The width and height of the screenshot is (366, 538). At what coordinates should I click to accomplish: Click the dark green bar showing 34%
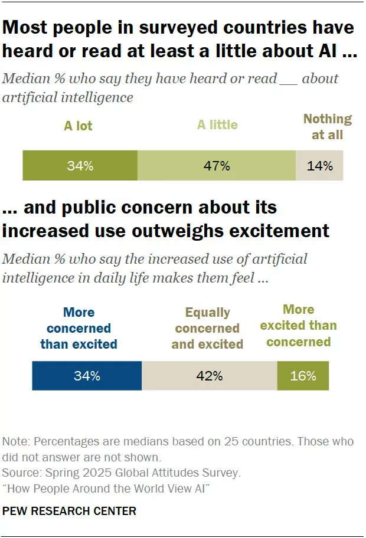tap(80, 166)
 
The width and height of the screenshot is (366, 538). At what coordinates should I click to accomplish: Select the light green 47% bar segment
tap(217, 166)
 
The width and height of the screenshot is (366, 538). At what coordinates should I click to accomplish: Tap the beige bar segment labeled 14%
tap(319, 166)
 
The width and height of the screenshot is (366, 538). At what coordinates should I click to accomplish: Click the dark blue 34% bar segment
tap(87, 376)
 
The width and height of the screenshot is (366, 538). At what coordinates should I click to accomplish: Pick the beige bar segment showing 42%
tap(209, 376)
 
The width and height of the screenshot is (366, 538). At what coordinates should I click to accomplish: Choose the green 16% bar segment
tap(303, 376)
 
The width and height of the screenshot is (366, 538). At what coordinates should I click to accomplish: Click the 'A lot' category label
tap(78, 126)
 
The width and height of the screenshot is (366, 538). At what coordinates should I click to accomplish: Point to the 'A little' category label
tap(217, 124)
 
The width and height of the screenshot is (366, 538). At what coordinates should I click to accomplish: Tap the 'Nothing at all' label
tap(327, 127)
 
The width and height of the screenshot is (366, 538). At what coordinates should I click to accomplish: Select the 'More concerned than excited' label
tap(79, 328)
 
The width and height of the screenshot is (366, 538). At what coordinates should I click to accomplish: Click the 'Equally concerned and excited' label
tap(207, 329)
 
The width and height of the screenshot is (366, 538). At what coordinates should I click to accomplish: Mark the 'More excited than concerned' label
tap(298, 326)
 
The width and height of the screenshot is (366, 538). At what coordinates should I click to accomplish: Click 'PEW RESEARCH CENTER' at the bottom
tap(69, 511)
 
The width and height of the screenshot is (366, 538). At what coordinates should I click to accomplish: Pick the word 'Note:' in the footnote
tap(16, 441)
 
